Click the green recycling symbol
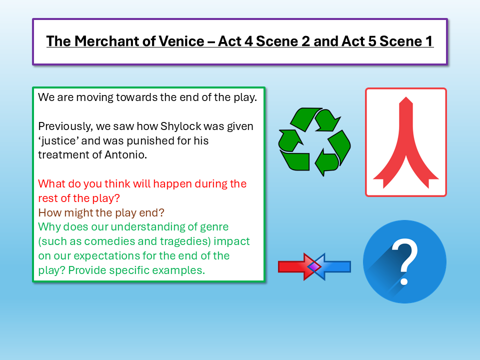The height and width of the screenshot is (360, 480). (x=314, y=141)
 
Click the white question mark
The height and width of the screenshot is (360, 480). (x=404, y=261)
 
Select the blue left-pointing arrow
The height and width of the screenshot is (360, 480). (x=334, y=266)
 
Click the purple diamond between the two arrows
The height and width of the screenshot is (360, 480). (x=314, y=267)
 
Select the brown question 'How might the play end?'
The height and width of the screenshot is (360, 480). (x=101, y=212)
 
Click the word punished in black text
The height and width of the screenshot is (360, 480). (x=132, y=140)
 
